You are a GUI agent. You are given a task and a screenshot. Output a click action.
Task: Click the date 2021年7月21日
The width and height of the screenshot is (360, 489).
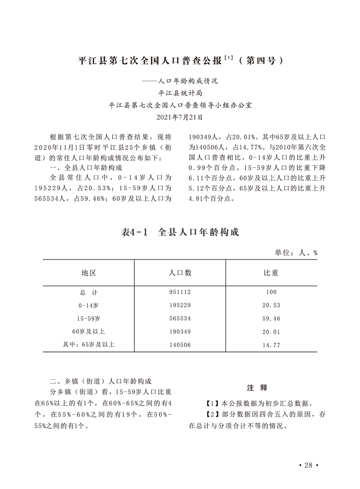point(180,117)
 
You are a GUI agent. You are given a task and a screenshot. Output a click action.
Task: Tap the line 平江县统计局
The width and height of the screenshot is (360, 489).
point(180,94)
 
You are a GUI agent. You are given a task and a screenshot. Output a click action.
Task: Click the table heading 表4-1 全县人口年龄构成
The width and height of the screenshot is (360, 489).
point(180,232)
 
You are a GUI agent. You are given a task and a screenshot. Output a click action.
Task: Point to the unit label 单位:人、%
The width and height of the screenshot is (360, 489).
point(296,253)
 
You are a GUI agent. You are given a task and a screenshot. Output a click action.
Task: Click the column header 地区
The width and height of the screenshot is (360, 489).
point(89,273)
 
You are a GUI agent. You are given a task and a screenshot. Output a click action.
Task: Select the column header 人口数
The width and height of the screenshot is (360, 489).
point(180,273)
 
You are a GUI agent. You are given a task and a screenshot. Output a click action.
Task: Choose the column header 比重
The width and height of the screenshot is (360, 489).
point(271,273)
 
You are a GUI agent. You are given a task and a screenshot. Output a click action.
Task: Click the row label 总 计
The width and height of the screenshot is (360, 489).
point(89,292)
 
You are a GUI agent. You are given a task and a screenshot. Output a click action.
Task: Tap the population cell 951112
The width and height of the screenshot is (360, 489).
point(180,292)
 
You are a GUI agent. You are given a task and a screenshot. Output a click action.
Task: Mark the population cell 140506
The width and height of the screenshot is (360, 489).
point(180,345)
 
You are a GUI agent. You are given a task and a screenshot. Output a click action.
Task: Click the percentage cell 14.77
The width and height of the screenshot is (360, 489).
point(271,345)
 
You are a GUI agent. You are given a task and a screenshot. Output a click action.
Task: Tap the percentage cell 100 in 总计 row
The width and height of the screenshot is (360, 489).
point(271,292)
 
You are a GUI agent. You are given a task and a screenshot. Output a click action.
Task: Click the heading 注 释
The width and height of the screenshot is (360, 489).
point(257,388)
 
